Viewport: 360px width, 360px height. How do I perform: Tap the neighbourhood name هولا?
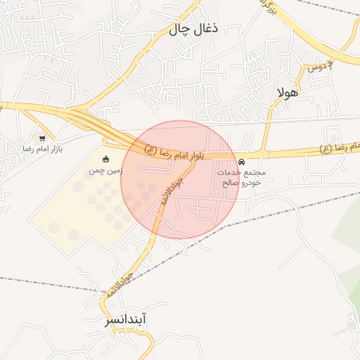coord(288,92)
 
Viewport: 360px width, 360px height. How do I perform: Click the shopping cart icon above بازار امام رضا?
coord(43,139)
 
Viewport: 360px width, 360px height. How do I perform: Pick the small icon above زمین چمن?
coord(105,158)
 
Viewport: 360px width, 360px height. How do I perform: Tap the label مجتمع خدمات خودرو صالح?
coord(242,177)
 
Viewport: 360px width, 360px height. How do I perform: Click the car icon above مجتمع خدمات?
coord(243,162)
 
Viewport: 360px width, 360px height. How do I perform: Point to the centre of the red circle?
coord(179,179)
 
